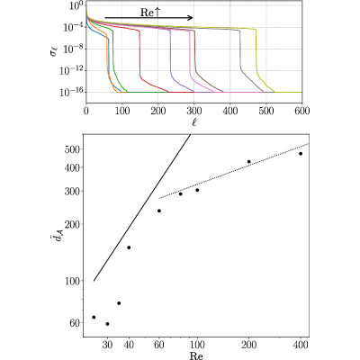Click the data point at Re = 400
coord(301,154)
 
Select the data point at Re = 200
coord(248,162)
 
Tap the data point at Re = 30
coord(107,324)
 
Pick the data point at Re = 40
coord(129,247)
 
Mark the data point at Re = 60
coord(159,211)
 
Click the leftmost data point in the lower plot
coord(94,317)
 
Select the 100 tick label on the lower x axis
coord(197,345)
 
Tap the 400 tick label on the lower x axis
coord(301,345)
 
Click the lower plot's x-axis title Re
coord(196,355)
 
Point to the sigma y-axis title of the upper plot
coord(54,52)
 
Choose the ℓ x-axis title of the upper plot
coord(194,122)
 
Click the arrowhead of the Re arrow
coord(190,18)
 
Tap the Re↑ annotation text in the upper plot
coord(150,13)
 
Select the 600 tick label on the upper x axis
coord(301,111)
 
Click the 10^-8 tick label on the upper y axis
coord(72,49)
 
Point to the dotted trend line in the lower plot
coord(234,171)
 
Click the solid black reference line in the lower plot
coord(142,208)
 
